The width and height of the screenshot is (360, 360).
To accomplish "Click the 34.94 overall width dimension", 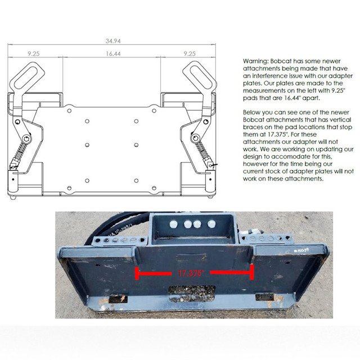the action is click(113, 41).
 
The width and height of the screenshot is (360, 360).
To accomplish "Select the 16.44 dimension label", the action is click(113, 54).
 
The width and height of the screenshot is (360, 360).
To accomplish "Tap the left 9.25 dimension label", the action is click(34, 54).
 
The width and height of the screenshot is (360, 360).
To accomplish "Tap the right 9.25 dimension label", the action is click(190, 54).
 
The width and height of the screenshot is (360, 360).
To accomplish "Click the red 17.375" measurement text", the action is click(191, 273).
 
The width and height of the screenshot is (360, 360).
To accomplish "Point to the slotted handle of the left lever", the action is click(27, 76).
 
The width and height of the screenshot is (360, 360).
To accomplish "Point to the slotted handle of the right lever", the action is click(199, 75).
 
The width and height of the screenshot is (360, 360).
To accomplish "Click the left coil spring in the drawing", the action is click(20, 151).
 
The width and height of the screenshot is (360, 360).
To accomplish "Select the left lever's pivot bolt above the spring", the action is click(27, 139).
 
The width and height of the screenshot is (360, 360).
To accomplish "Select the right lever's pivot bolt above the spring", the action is click(195, 138).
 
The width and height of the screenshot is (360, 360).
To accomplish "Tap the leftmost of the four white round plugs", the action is click(174, 224).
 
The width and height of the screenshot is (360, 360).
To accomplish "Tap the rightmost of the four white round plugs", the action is click(211, 224).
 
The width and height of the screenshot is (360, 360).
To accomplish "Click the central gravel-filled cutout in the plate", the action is click(192, 294).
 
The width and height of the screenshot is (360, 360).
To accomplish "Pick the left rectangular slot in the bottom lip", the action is click(118, 298).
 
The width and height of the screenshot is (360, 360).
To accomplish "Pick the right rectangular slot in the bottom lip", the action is click(264, 297).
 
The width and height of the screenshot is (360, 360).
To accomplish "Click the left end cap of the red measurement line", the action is click(137, 273).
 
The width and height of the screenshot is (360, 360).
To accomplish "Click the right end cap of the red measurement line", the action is click(252, 272).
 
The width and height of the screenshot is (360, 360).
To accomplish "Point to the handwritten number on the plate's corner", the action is click(301, 250).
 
